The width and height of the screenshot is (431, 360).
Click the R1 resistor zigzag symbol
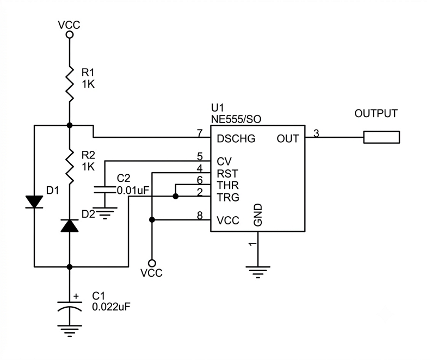point(70,84)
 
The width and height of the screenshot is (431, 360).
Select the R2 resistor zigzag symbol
point(70,167)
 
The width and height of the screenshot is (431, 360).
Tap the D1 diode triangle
point(34,202)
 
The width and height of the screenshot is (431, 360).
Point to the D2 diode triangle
point(70,225)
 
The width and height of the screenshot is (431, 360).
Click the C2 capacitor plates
point(104,190)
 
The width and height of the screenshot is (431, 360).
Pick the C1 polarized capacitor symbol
point(70,306)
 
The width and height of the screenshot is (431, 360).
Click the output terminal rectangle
point(381,137)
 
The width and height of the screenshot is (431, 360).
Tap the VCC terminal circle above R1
point(70,35)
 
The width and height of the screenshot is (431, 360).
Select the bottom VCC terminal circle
point(152,264)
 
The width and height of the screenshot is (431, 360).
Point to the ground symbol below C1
point(70,331)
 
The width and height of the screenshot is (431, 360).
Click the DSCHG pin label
point(236,139)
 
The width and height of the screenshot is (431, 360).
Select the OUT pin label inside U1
point(287,139)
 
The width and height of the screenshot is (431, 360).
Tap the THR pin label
point(228,185)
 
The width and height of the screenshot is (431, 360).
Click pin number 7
point(200,133)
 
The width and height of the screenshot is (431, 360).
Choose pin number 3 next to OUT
point(316,133)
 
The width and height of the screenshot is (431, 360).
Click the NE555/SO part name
point(236,119)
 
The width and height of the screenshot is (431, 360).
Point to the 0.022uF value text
point(111,307)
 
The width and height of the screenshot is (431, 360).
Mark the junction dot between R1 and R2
point(70,125)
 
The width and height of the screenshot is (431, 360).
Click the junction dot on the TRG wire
point(175,197)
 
